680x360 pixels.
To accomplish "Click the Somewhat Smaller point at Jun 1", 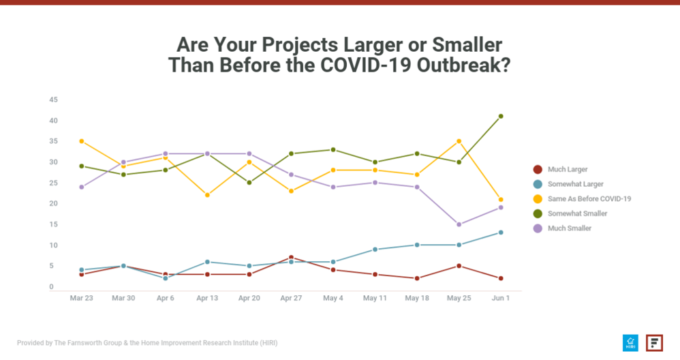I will (x=501, y=117).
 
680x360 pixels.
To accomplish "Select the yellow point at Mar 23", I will (x=81, y=141).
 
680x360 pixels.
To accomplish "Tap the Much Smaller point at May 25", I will (x=459, y=224).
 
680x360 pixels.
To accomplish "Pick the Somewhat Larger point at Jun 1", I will (x=501, y=232).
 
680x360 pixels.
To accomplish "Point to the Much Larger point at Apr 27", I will (x=291, y=258).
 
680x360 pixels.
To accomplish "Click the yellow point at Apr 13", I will (x=207, y=195).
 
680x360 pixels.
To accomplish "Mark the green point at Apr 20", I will (x=249, y=183).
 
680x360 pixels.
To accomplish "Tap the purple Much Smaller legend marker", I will (x=538, y=228).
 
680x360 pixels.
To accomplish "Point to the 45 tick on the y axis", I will (x=53, y=100).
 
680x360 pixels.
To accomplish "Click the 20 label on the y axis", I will (x=53, y=204).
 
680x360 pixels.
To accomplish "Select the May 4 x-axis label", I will (x=333, y=298).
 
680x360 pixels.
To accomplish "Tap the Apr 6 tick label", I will (x=165, y=298).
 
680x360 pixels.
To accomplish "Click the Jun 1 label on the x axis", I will (x=501, y=298).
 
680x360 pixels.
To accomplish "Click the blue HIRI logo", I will (x=630, y=342).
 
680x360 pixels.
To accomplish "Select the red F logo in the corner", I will (x=654, y=342).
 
